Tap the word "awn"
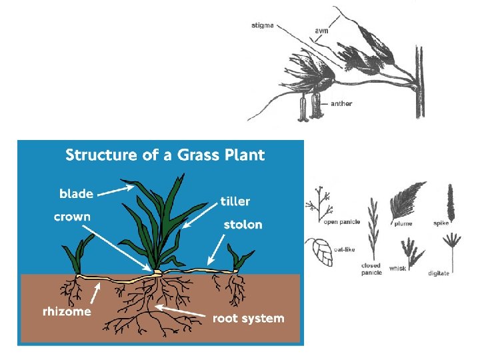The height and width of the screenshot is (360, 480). [321, 31]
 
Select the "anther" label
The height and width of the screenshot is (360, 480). [341, 103]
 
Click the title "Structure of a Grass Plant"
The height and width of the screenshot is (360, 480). [165, 155]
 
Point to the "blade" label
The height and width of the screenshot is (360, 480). [77, 193]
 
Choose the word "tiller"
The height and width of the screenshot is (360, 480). [235, 201]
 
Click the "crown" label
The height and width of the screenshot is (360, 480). [72, 217]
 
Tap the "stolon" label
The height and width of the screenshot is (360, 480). [243, 225]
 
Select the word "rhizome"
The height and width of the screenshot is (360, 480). [67, 312]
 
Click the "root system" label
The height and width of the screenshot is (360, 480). [248, 319]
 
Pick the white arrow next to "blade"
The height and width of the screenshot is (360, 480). [115, 192]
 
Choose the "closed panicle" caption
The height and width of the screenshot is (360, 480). [371, 269]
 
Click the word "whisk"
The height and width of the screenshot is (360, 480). [397, 269]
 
